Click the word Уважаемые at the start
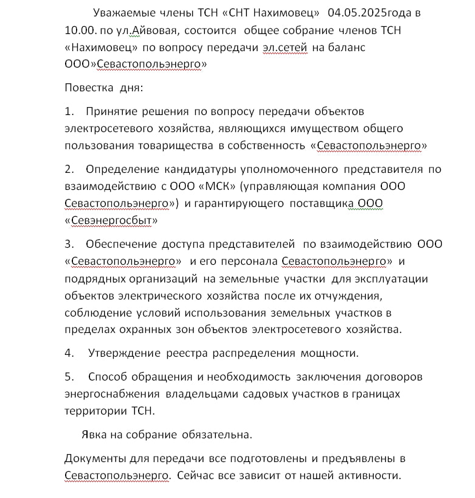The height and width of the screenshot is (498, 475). click(123, 13)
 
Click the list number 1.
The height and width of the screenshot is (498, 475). click(69, 111)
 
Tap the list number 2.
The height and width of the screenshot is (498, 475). click(69, 169)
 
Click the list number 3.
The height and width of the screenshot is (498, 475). click(69, 244)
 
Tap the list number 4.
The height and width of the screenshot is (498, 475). click(69, 353)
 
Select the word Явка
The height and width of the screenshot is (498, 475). click(94, 435)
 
